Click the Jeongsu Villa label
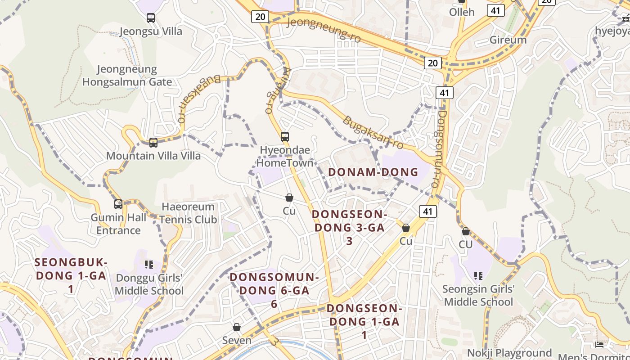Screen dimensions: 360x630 pos(151,31)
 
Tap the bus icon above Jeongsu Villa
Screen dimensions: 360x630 pos(151,18)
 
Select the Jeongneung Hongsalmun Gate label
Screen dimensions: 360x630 pos(127,76)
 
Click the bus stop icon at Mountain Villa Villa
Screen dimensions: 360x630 pos(153,143)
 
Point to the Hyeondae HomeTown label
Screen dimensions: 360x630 pos(285,156)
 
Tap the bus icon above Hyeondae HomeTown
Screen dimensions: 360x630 pos(285,137)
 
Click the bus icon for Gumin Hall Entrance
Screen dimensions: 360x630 pos(118,204)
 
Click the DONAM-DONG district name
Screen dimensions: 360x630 pos(373,172)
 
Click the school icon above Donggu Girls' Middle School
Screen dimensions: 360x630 pos(148,264)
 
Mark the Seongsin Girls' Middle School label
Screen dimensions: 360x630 pos(478,295)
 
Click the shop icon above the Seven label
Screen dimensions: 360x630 pos(237,327)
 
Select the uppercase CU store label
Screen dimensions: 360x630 pos(466,244)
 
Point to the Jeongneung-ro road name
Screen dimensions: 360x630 pos(324,29)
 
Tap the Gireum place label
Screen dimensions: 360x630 pos(508,40)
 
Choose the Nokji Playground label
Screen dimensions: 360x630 pos(509,353)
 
